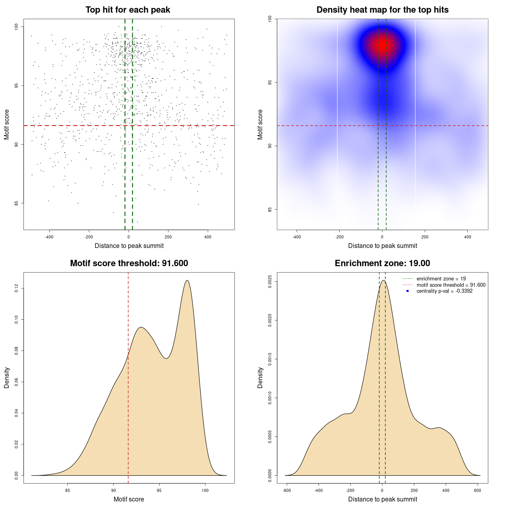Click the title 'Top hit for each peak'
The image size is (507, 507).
[128, 10]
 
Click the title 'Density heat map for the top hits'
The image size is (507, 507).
[382, 10]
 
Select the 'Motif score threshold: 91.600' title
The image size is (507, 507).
[129, 263]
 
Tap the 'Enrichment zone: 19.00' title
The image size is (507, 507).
[382, 263]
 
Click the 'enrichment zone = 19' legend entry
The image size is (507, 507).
[441, 279]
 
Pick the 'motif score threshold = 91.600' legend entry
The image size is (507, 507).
[451, 285]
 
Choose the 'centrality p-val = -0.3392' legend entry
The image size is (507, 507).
[444, 291]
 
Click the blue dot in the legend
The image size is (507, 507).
[408, 291]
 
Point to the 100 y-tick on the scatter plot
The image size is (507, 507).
[17, 27]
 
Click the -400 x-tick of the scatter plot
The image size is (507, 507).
[49, 237]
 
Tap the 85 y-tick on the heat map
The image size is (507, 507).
[270, 209]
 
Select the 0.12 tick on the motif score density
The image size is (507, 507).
[17, 289]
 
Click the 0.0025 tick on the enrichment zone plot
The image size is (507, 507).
[270, 282]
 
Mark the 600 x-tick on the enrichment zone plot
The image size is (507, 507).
[478, 490]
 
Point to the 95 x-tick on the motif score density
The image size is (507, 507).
[159, 490]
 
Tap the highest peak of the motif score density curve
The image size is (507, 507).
[187, 280]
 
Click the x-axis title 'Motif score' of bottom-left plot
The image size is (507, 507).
[129, 499]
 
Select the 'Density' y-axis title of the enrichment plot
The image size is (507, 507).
[260, 377]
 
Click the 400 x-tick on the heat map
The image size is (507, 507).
[468, 237]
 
